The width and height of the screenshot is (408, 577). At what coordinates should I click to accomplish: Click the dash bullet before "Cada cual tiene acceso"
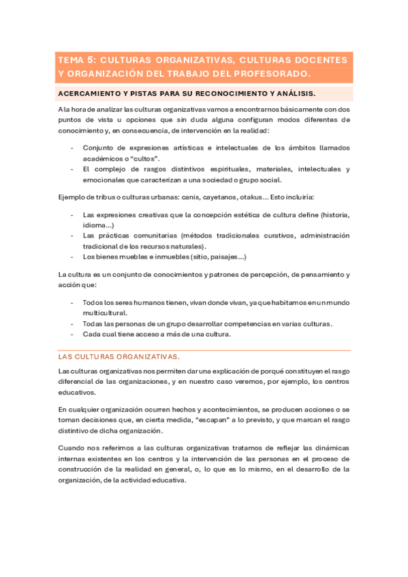pyautogui.click(x=72, y=334)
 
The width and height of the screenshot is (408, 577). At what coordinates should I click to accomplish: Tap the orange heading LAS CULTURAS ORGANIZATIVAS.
pyautogui.click(x=119, y=356)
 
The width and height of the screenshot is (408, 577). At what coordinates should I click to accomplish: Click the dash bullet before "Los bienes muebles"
pyautogui.click(x=72, y=257)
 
